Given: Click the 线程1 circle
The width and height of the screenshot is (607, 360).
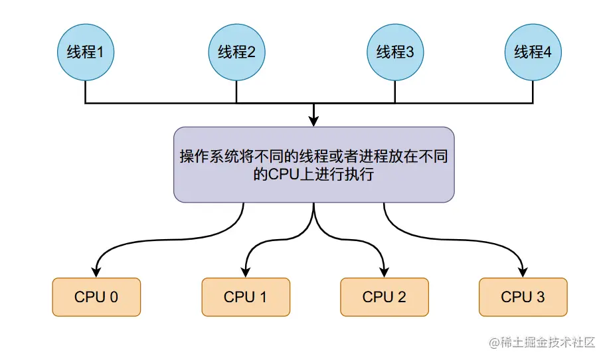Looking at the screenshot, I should [86, 52].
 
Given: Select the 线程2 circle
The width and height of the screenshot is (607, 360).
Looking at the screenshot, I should [236, 52].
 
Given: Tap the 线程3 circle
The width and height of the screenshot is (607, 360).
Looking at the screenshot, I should [395, 52].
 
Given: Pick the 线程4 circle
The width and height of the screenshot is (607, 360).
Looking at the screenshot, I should [533, 52].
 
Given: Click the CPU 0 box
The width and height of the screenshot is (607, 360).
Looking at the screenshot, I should [96, 297].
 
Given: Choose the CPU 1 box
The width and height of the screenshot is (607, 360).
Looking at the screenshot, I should [246, 297].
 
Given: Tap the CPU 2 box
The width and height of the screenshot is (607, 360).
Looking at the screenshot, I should [385, 297].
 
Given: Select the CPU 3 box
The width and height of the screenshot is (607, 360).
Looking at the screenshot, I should [523, 297].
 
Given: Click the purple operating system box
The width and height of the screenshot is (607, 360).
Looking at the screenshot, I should [313, 165].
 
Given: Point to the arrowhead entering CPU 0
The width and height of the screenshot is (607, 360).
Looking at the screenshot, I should [97, 272].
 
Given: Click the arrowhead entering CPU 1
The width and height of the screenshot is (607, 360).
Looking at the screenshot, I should [246, 272].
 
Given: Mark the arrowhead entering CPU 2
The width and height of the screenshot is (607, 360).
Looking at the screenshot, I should [385, 272].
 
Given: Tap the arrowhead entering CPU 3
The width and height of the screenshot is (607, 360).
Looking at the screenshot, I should [523, 272].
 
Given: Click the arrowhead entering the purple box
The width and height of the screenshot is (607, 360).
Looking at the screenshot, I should [314, 121].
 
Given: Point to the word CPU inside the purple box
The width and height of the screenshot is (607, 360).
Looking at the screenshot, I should [281, 175].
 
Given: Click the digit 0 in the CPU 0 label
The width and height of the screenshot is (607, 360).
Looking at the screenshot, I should [114, 297].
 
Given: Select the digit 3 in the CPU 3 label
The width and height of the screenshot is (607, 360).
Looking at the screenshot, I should [541, 297].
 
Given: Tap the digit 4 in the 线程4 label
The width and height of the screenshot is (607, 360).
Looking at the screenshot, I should [547, 52].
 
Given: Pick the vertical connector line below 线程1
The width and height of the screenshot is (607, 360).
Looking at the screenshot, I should [86, 92].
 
